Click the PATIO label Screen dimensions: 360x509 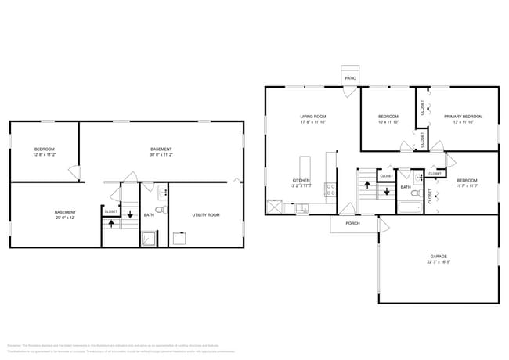(x=351, y=78)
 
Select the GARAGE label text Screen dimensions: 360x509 (x=438, y=256)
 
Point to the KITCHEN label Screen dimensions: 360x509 (x=301, y=181)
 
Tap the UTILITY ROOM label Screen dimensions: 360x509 (x=206, y=214)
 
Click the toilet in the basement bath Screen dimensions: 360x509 (x=160, y=210)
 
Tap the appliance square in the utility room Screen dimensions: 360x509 (x=179, y=239)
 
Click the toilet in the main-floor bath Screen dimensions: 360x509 (x=417, y=193)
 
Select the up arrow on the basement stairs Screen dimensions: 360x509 (x=111, y=222)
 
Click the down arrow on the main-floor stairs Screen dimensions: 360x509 (x=386, y=192)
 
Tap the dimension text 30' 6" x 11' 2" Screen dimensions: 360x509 (x=161, y=155)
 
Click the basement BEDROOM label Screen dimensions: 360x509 (x=44, y=149)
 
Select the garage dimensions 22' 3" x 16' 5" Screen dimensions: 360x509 (x=438, y=262)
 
